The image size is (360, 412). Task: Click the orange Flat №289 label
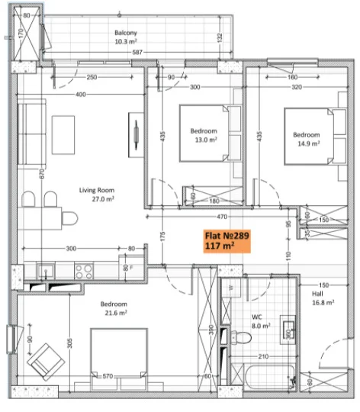click(227, 241)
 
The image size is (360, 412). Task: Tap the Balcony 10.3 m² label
click(126, 37)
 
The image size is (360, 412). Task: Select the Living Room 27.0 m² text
click(97, 195)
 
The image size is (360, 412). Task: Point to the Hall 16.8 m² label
click(323, 298)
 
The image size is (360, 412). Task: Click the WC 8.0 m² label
click(261, 321)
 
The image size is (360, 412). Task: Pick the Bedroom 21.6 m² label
click(114, 308)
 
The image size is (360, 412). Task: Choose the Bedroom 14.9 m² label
click(307, 139)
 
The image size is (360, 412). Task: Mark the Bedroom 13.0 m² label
click(204, 135)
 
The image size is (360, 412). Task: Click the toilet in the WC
click(240, 337)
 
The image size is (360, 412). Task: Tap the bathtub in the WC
click(269, 377)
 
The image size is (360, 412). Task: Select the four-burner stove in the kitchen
click(84, 272)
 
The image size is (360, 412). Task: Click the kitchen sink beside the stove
click(47, 272)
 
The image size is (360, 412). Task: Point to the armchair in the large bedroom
click(46, 362)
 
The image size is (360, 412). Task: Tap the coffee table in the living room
click(63, 135)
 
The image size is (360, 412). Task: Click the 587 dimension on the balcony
click(137, 52)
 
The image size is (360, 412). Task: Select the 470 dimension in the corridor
click(222, 217)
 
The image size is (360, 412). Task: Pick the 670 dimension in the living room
click(42, 174)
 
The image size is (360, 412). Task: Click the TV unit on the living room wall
click(136, 135)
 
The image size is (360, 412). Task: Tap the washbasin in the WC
click(288, 330)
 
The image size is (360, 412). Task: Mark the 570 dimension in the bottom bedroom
click(108, 376)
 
